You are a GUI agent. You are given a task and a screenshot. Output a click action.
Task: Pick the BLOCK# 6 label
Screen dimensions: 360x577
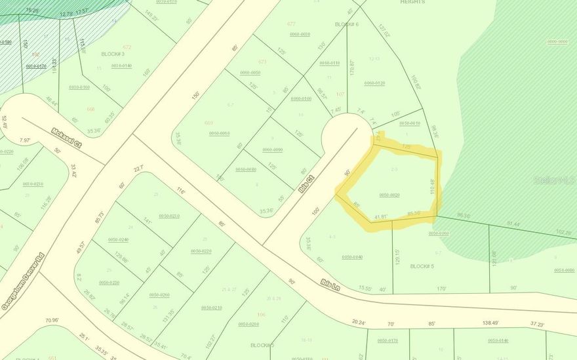click(x=346, y=24)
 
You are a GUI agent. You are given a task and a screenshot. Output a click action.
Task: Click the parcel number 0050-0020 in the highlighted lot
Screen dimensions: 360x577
click(x=389, y=195)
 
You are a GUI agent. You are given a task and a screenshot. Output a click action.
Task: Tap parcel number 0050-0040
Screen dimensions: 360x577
click(x=352, y=256)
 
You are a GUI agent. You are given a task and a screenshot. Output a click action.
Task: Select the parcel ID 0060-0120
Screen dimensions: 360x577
click(x=374, y=83)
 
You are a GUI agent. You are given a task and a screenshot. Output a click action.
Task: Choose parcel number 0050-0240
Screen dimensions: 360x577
click(x=118, y=239)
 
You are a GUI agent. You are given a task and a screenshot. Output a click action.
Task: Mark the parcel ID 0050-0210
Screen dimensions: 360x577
click(x=211, y=308)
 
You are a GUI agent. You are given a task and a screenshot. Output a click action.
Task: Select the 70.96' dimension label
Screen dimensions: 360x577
click(x=52, y=321)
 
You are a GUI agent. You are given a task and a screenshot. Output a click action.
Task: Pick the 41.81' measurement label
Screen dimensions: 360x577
click(x=380, y=216)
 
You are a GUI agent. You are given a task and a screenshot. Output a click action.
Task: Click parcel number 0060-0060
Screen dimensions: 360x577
click(x=219, y=133)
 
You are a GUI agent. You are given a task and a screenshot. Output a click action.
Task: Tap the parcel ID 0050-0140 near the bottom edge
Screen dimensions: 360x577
click(x=498, y=340)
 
